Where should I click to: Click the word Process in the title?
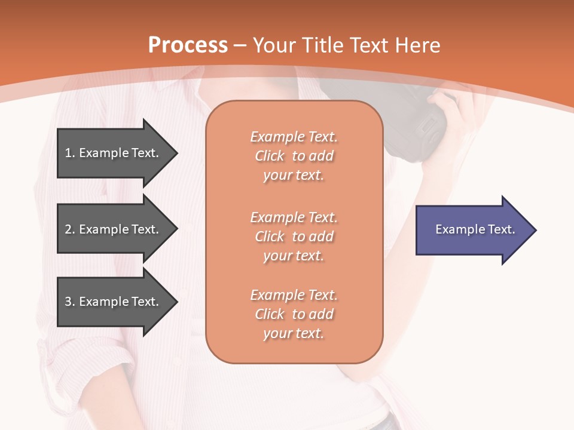(x=188, y=45)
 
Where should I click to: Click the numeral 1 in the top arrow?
(x=68, y=153)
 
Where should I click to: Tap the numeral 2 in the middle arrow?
(x=68, y=229)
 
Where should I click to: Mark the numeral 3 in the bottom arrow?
(x=68, y=302)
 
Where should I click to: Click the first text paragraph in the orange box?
(x=294, y=156)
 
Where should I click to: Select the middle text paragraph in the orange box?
(x=294, y=236)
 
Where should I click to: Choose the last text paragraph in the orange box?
(x=294, y=314)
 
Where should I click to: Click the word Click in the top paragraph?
(x=270, y=156)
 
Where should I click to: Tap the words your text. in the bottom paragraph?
(x=294, y=333)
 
